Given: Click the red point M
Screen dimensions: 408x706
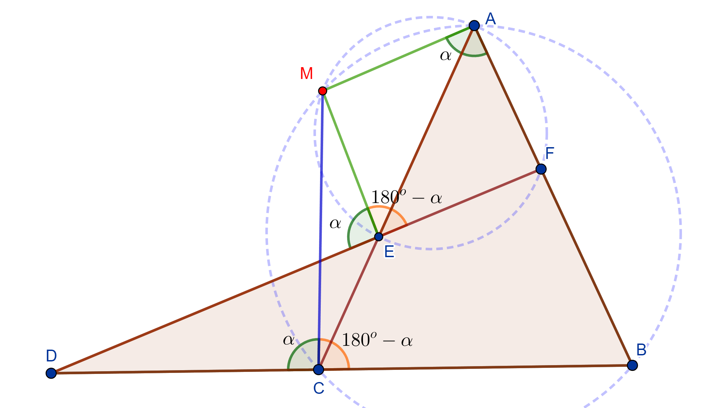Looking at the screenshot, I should (322, 91).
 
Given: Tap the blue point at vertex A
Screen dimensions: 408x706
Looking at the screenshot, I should (474, 25).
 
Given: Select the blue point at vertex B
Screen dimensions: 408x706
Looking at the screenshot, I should (632, 365).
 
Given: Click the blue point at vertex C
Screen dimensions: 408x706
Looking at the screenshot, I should (318, 370).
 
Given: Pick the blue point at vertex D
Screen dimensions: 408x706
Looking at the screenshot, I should (51, 373).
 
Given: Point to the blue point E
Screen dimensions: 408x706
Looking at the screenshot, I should (378, 237).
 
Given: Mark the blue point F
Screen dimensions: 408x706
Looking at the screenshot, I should (541, 169).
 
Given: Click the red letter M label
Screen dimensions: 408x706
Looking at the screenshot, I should (306, 74).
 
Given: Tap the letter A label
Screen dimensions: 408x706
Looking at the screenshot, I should (490, 19).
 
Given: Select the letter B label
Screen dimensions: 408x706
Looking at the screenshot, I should (641, 350).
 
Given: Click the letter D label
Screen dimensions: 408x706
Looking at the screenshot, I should (51, 356).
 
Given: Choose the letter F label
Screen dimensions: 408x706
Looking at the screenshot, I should (550, 154).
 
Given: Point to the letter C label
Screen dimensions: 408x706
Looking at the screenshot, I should (318, 388).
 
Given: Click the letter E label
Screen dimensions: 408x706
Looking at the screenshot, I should (389, 252).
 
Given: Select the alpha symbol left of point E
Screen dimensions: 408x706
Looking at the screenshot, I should (335, 223).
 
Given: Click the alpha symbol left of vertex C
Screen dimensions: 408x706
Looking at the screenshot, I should (289, 340).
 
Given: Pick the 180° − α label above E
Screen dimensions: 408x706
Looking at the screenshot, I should (406, 197).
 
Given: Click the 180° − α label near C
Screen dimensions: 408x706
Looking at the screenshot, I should (377, 340).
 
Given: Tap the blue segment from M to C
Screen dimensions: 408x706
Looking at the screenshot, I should (320, 229).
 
